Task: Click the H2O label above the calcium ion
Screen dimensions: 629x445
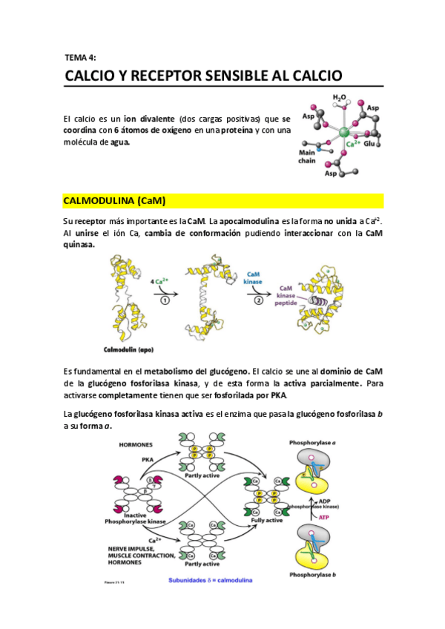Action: point(338,96)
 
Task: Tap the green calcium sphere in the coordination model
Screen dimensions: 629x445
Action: point(344,132)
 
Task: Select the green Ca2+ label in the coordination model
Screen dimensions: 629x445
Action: point(346,145)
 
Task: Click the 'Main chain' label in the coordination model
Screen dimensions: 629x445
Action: point(306,155)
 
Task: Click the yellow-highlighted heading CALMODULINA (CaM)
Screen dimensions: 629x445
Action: point(114,201)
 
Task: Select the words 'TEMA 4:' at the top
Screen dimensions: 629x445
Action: point(81,56)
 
